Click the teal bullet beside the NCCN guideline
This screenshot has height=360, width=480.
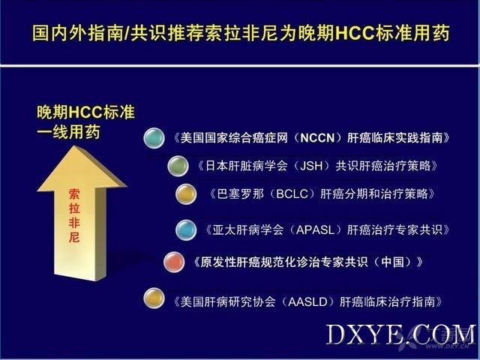click(154, 138)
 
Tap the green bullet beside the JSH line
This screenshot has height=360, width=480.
click(178, 166)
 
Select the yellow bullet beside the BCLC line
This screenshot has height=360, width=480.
click(186, 194)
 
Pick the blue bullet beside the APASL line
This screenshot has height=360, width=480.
click(186, 230)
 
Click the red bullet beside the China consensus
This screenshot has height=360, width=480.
click(174, 262)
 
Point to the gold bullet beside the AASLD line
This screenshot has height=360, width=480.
click(154, 298)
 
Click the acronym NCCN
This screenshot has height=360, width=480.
click(317, 138)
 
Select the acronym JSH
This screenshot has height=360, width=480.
click(311, 166)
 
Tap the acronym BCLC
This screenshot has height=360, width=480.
click(292, 194)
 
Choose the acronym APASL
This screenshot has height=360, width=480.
click(315, 230)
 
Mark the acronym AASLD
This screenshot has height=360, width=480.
click(307, 302)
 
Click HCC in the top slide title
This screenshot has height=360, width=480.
click(355, 33)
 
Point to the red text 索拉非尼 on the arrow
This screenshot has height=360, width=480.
click(74, 216)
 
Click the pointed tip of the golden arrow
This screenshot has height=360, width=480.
click(75, 146)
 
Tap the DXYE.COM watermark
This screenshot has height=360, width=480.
click(401, 334)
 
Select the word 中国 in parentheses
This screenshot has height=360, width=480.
click(392, 262)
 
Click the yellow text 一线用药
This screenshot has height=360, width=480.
click(68, 133)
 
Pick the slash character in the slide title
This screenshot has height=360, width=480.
click(127, 33)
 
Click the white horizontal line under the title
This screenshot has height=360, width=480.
click(240, 65)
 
